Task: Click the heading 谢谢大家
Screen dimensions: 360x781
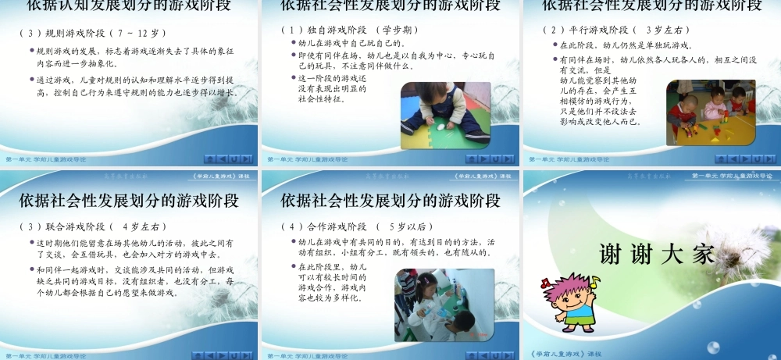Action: coord(656,254)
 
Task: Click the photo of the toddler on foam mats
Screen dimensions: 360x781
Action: coord(445,116)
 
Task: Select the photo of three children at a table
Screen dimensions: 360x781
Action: coord(710,112)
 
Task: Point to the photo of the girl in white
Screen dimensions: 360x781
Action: coord(444,305)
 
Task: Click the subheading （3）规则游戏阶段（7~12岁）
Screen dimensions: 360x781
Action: coord(93,34)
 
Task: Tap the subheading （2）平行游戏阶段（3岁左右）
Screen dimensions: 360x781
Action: coord(611,30)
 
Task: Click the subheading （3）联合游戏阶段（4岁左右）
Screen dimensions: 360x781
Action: coord(93,227)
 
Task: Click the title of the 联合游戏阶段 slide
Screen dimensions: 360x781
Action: coord(129,201)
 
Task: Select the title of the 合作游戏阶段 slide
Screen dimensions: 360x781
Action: coord(390,201)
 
